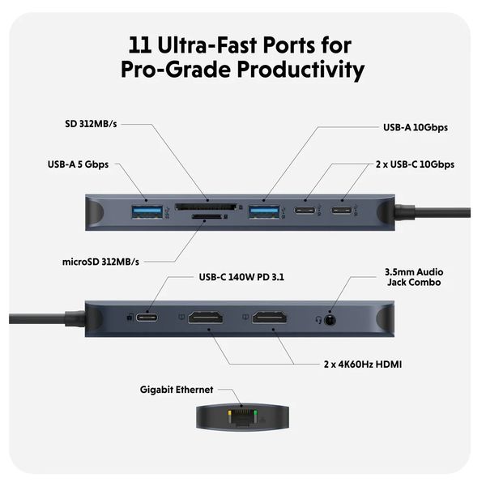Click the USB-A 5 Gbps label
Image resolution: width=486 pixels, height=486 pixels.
click(x=78, y=164)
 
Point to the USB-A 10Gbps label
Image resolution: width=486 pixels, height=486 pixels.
click(x=416, y=128)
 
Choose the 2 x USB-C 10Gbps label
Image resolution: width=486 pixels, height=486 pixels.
click(x=415, y=164)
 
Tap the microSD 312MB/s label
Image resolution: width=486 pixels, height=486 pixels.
click(x=101, y=262)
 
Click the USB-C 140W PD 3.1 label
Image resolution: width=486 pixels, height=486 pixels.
click(x=241, y=277)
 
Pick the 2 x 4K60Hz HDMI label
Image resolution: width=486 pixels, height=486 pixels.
click(x=362, y=364)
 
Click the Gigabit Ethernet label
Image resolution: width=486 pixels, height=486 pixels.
click(x=176, y=390)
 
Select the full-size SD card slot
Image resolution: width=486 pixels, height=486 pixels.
click(x=208, y=206)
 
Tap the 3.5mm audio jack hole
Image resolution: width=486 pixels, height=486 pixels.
click(x=329, y=318)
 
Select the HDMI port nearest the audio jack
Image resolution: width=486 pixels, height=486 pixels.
click(x=270, y=316)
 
